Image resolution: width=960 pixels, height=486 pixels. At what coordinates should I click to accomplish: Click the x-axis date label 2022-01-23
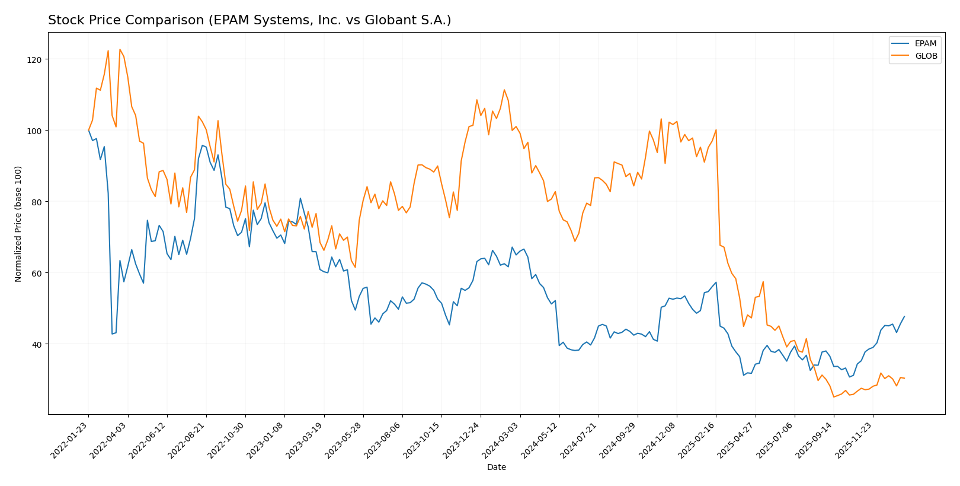tap(70, 440)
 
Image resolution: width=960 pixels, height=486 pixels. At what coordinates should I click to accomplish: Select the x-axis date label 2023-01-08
tap(266, 440)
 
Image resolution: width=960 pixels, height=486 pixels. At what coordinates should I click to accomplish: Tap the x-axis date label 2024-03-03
tap(501, 440)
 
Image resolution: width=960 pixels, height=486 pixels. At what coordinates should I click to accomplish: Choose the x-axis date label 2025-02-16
tap(697, 440)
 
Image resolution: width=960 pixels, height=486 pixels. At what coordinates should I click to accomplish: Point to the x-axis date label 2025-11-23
tap(854, 440)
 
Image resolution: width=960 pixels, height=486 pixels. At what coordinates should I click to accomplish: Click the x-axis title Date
tap(496, 467)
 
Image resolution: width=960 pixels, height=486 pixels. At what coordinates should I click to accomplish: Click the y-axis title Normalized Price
tap(18, 224)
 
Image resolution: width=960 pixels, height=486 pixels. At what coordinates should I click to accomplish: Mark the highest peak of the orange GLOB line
tap(120, 49)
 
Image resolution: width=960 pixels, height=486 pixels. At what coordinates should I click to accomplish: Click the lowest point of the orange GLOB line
tap(834, 397)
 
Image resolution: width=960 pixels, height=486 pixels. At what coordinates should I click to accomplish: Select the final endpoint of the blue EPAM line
tap(904, 316)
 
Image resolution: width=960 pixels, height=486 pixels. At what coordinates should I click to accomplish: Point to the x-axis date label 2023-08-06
tap(383, 440)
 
